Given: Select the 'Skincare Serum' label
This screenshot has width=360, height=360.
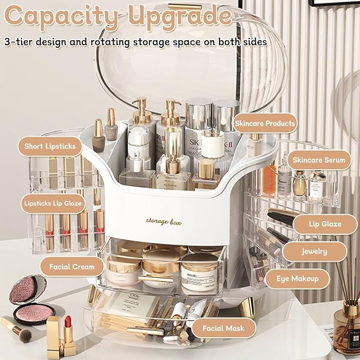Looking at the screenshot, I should click(x=319, y=160).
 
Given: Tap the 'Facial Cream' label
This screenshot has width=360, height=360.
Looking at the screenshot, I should click(x=72, y=266).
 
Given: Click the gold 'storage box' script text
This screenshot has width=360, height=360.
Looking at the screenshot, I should click(x=163, y=222).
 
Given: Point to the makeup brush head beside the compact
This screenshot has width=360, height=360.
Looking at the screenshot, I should click(x=24, y=333).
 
